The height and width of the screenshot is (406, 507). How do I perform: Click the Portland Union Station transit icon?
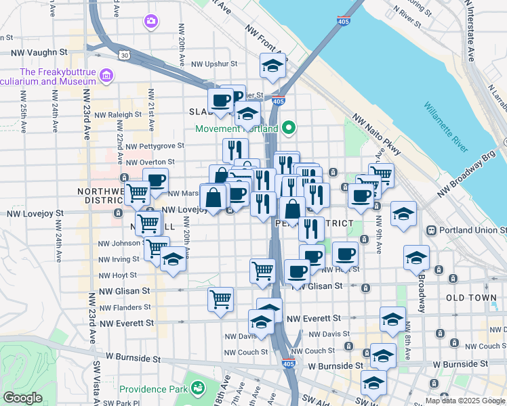click(x=430, y=230)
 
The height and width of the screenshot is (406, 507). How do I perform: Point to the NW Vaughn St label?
click(x=39, y=51)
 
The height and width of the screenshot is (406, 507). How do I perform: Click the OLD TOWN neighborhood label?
click(x=472, y=298)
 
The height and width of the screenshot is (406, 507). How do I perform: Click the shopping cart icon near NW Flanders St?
click(x=220, y=298)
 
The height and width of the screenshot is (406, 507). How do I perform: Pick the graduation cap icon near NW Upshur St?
click(x=272, y=66)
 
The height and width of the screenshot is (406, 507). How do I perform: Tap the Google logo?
click(x=22, y=398)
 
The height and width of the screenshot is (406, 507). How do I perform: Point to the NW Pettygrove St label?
click(x=155, y=145)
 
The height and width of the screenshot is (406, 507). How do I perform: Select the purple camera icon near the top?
click(x=151, y=22)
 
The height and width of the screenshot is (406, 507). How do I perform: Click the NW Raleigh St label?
click(x=119, y=115)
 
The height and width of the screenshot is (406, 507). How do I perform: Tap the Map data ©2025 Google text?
click(x=465, y=401)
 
